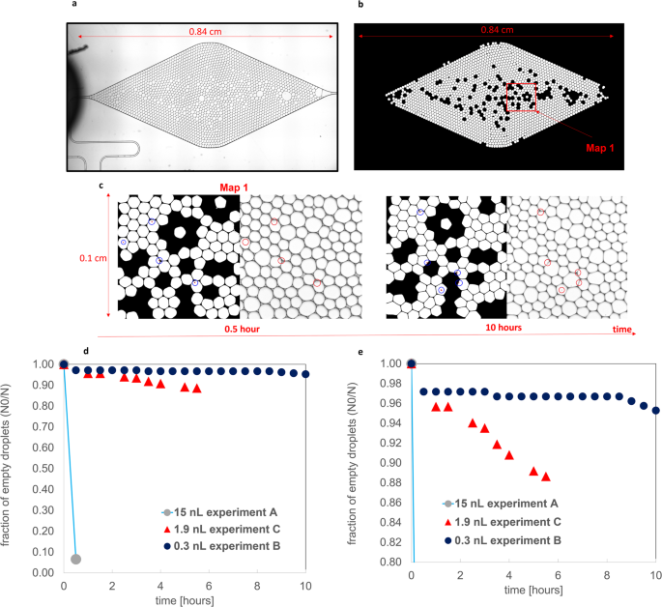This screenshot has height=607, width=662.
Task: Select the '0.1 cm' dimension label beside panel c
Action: coord(93,258)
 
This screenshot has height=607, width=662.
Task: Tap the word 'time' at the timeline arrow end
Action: coord(619,330)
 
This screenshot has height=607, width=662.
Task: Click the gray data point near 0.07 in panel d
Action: coord(76,559)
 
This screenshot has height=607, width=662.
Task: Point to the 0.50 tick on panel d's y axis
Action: coord(44,469)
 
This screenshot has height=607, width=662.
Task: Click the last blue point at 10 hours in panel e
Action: coord(655,410)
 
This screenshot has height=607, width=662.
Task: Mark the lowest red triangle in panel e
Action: coord(546,476)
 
